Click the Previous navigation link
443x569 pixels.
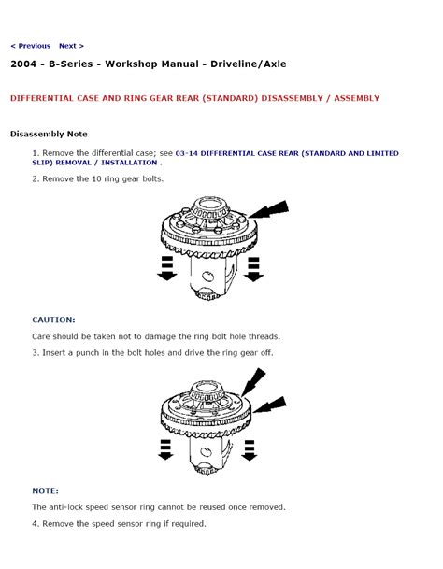(31, 46)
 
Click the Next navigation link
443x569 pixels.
(71, 46)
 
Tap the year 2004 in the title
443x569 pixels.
(23, 64)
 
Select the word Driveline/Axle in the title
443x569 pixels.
(249, 64)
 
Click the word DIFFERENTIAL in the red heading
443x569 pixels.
(42, 98)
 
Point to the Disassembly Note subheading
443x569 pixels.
(49, 134)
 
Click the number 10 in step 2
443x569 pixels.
(96, 178)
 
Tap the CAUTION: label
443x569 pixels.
(54, 320)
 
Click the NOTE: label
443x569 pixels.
(46, 491)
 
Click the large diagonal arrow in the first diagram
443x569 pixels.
(269, 209)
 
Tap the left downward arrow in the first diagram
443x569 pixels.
(167, 268)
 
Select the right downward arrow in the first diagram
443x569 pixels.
(254, 269)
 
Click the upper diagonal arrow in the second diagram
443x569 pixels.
(253, 382)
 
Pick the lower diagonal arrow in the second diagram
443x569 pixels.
(270, 405)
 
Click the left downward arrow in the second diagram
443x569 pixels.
(165, 450)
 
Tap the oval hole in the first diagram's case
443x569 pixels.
(207, 277)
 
